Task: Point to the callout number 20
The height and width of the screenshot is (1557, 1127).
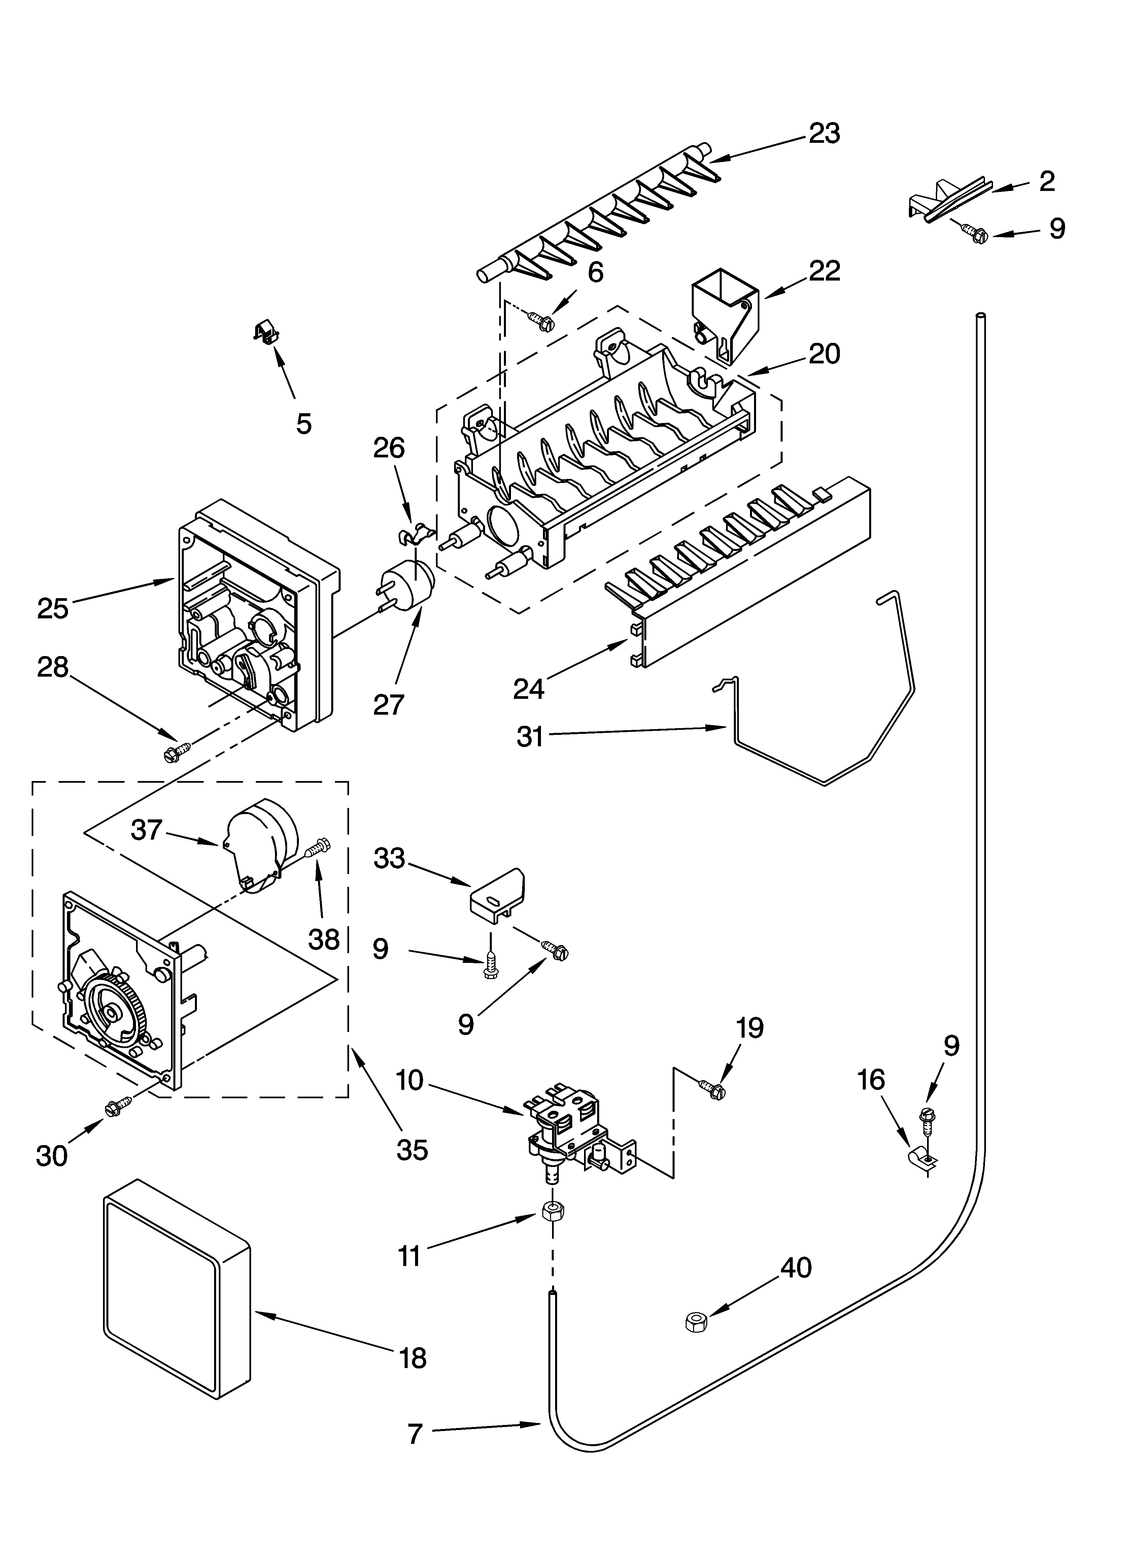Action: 824,354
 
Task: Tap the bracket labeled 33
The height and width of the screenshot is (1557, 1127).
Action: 497,895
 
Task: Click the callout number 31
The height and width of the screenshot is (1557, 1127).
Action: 530,736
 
